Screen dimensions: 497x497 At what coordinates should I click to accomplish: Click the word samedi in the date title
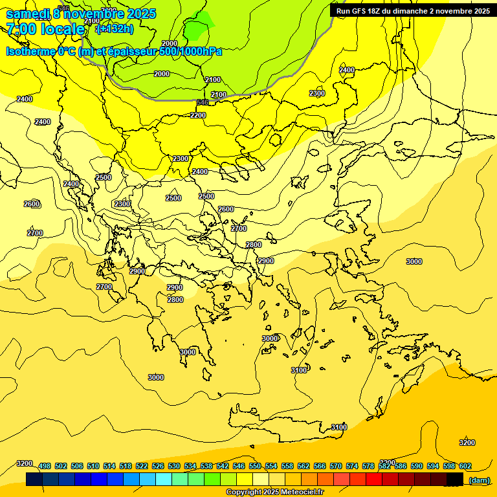(x=28, y=14)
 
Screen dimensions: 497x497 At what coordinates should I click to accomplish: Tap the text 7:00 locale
(x=46, y=29)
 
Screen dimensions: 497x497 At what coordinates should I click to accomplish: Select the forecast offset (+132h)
(x=115, y=29)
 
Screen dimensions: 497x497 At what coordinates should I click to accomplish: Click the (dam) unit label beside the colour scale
(x=479, y=480)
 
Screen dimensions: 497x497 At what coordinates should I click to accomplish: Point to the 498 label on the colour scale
(x=45, y=466)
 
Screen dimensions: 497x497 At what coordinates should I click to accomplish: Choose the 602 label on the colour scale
(x=465, y=466)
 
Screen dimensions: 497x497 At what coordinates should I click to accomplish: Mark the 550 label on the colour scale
(x=255, y=466)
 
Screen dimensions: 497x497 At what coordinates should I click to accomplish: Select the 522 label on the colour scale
(x=142, y=466)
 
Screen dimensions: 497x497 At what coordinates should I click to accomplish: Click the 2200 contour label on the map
(x=198, y=115)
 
